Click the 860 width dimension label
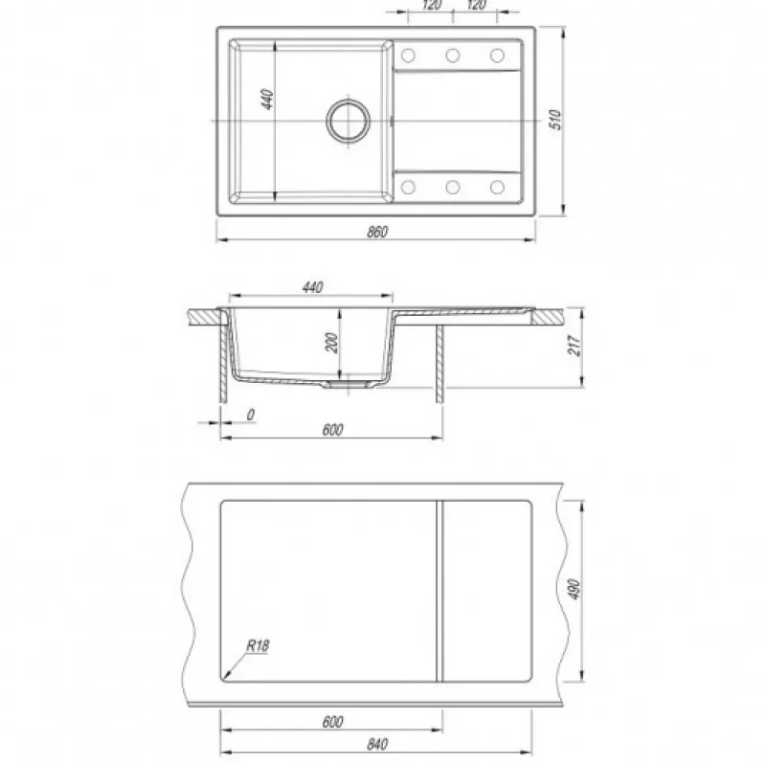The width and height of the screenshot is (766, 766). (377, 231)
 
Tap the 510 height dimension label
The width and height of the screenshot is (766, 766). (555, 120)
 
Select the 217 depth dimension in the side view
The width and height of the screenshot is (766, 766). (575, 346)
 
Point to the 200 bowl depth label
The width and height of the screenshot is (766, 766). (331, 343)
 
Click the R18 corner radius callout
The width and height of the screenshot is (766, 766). (257, 645)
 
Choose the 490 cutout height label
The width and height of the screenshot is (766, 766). (574, 589)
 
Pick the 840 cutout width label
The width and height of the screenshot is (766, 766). (377, 744)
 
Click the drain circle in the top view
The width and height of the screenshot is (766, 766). (349, 121)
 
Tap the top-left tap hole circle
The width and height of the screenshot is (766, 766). (408, 56)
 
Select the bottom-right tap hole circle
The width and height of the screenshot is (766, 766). (497, 187)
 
